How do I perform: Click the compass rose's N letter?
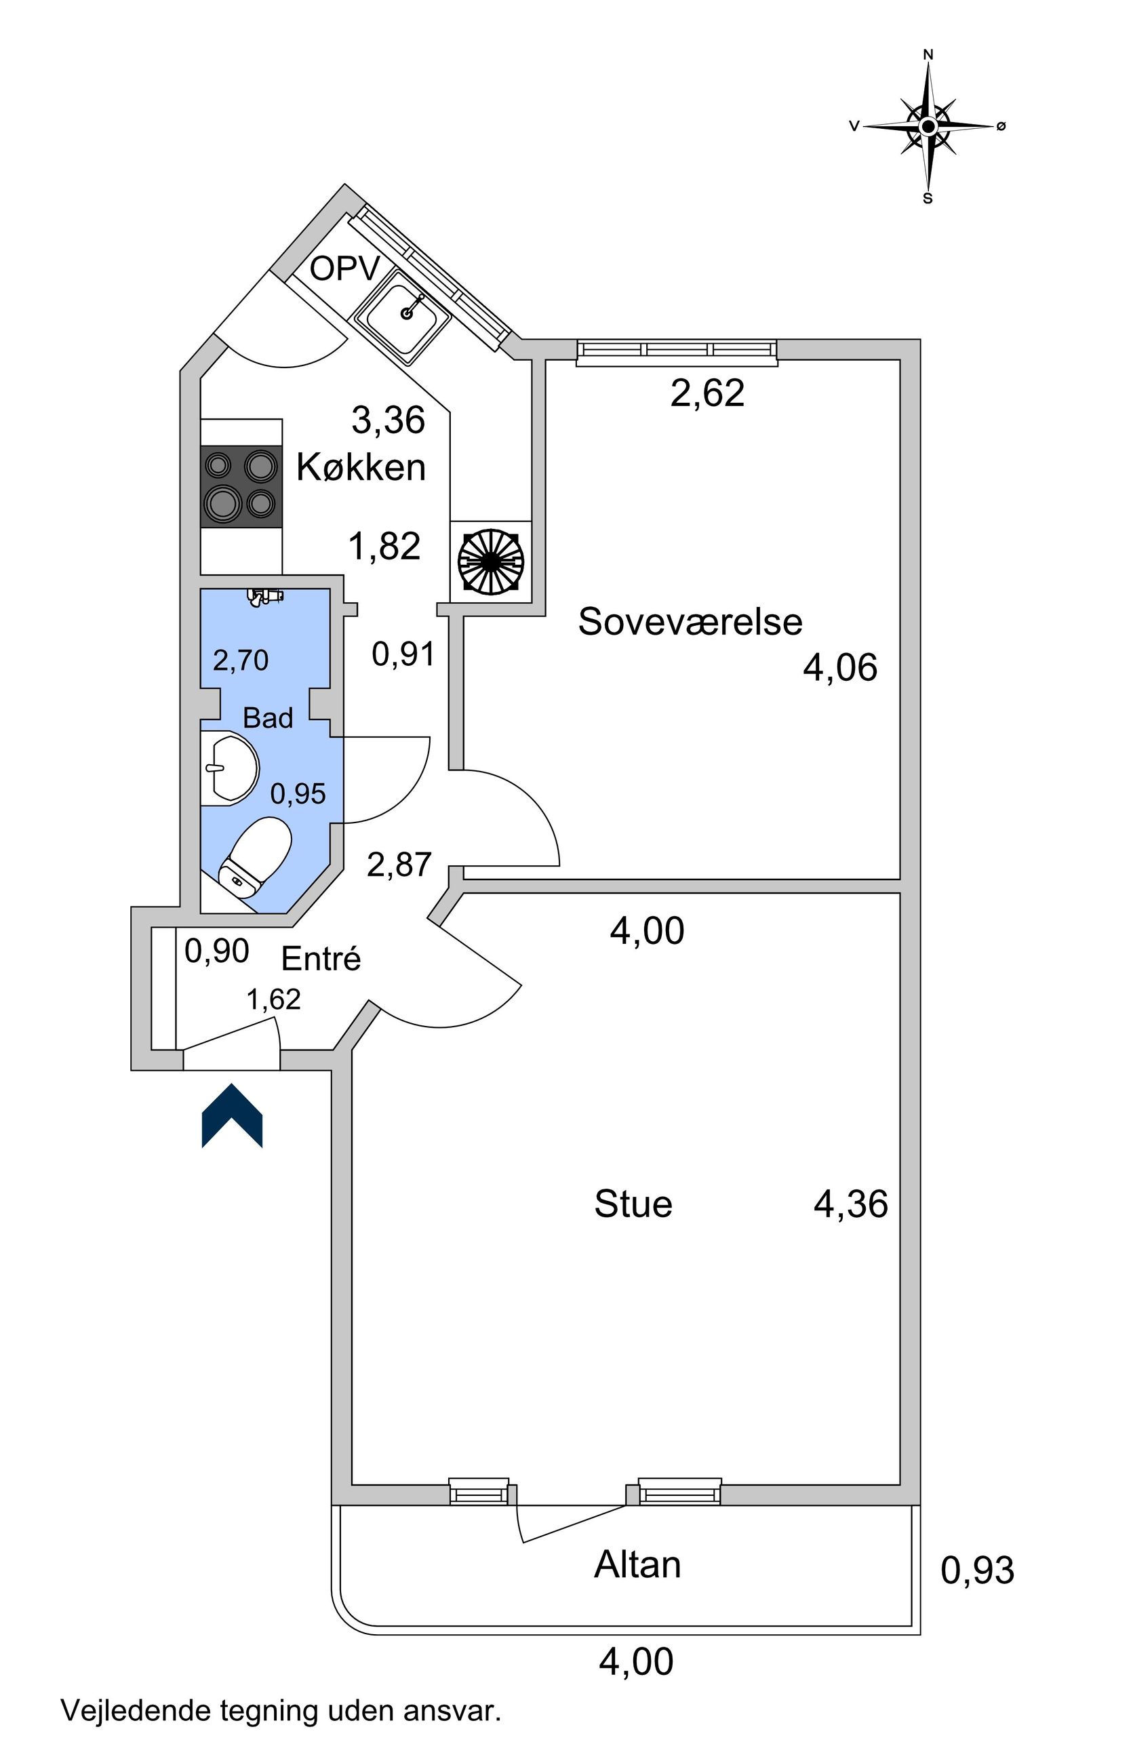click(x=928, y=54)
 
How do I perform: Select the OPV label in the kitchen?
click(x=344, y=269)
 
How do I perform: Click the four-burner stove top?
click(x=241, y=486)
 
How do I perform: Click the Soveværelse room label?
click(x=690, y=622)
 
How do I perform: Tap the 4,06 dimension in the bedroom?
click(x=839, y=668)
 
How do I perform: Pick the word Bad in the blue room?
click(x=268, y=718)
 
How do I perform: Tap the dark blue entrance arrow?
click(x=232, y=1115)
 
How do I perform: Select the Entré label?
click(x=321, y=959)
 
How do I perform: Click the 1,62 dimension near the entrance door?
click(x=273, y=999)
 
